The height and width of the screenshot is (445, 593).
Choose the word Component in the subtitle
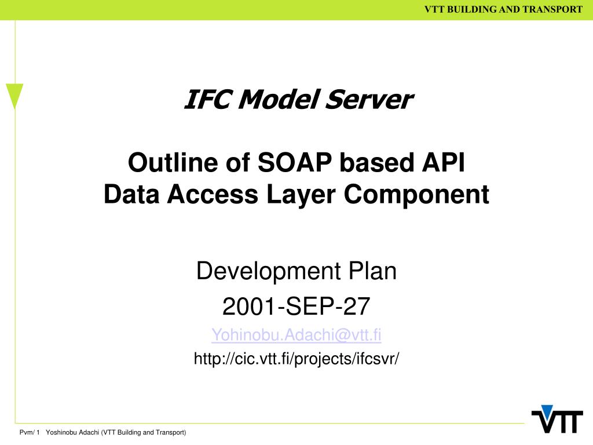click(x=416, y=195)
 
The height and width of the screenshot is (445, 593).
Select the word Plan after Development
click(x=372, y=271)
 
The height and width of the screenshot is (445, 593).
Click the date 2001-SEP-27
click(x=296, y=306)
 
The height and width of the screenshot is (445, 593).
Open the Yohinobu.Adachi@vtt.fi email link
click(x=296, y=335)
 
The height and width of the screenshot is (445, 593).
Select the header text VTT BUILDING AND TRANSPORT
click(x=503, y=9)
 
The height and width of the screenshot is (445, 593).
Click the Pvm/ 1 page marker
click(x=29, y=433)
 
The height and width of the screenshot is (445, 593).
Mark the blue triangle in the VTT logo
click(x=546, y=410)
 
